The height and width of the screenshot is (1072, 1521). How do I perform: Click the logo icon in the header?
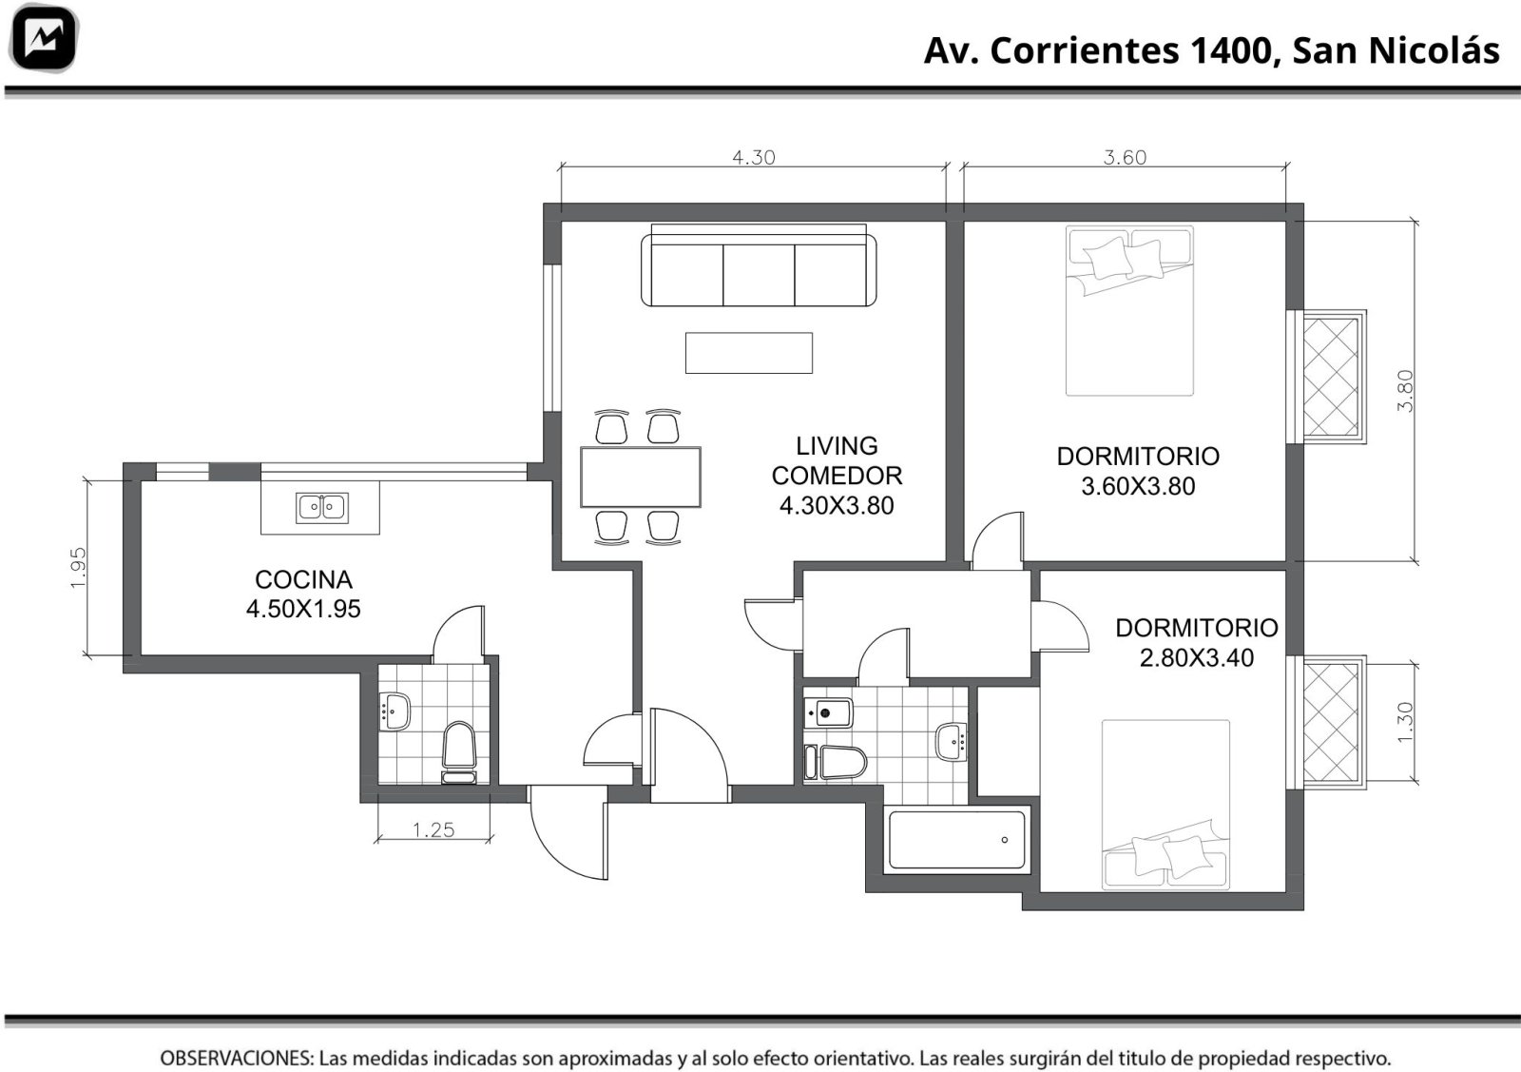(44, 39)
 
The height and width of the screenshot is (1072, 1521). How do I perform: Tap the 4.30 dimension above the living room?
(753, 158)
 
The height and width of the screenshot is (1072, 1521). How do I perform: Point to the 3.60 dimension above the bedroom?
(1125, 158)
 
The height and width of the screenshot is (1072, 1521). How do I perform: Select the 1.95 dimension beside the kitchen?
(79, 567)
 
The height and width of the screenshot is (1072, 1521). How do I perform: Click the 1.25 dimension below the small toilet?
(433, 829)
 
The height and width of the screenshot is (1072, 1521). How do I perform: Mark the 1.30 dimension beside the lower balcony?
(1405, 722)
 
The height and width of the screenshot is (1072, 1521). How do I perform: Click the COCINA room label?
(303, 579)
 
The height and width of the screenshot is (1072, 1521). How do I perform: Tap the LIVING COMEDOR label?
(837, 460)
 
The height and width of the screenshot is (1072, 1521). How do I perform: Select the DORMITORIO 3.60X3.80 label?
(1138, 471)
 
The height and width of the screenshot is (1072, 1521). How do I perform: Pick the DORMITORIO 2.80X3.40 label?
(1197, 643)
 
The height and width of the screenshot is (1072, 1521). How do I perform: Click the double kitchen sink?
(322, 508)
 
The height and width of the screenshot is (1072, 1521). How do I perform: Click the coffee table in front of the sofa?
(749, 353)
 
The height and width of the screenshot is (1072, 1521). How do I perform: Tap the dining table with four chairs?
(641, 477)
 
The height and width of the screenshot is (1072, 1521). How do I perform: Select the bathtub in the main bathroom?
(956, 840)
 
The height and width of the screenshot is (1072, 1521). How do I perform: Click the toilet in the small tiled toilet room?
(459, 753)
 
